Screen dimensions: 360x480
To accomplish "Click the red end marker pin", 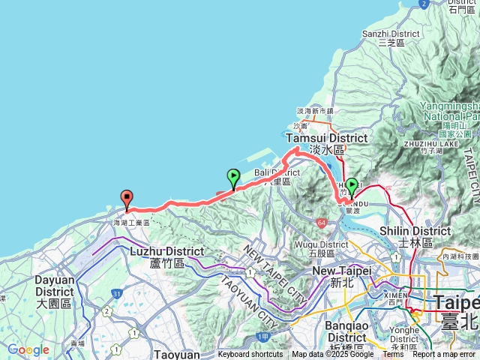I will [x=127, y=199].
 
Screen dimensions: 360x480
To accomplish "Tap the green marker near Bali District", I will [x=233, y=178].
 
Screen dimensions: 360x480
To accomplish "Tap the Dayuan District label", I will [x=54, y=285].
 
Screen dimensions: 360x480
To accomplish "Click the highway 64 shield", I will [x=321, y=223].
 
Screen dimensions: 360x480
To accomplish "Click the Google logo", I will [x=28, y=349].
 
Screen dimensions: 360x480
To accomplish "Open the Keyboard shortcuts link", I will [x=250, y=355].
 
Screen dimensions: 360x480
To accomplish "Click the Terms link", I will [x=393, y=355].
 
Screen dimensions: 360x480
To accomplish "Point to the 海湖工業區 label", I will [x=132, y=223].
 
